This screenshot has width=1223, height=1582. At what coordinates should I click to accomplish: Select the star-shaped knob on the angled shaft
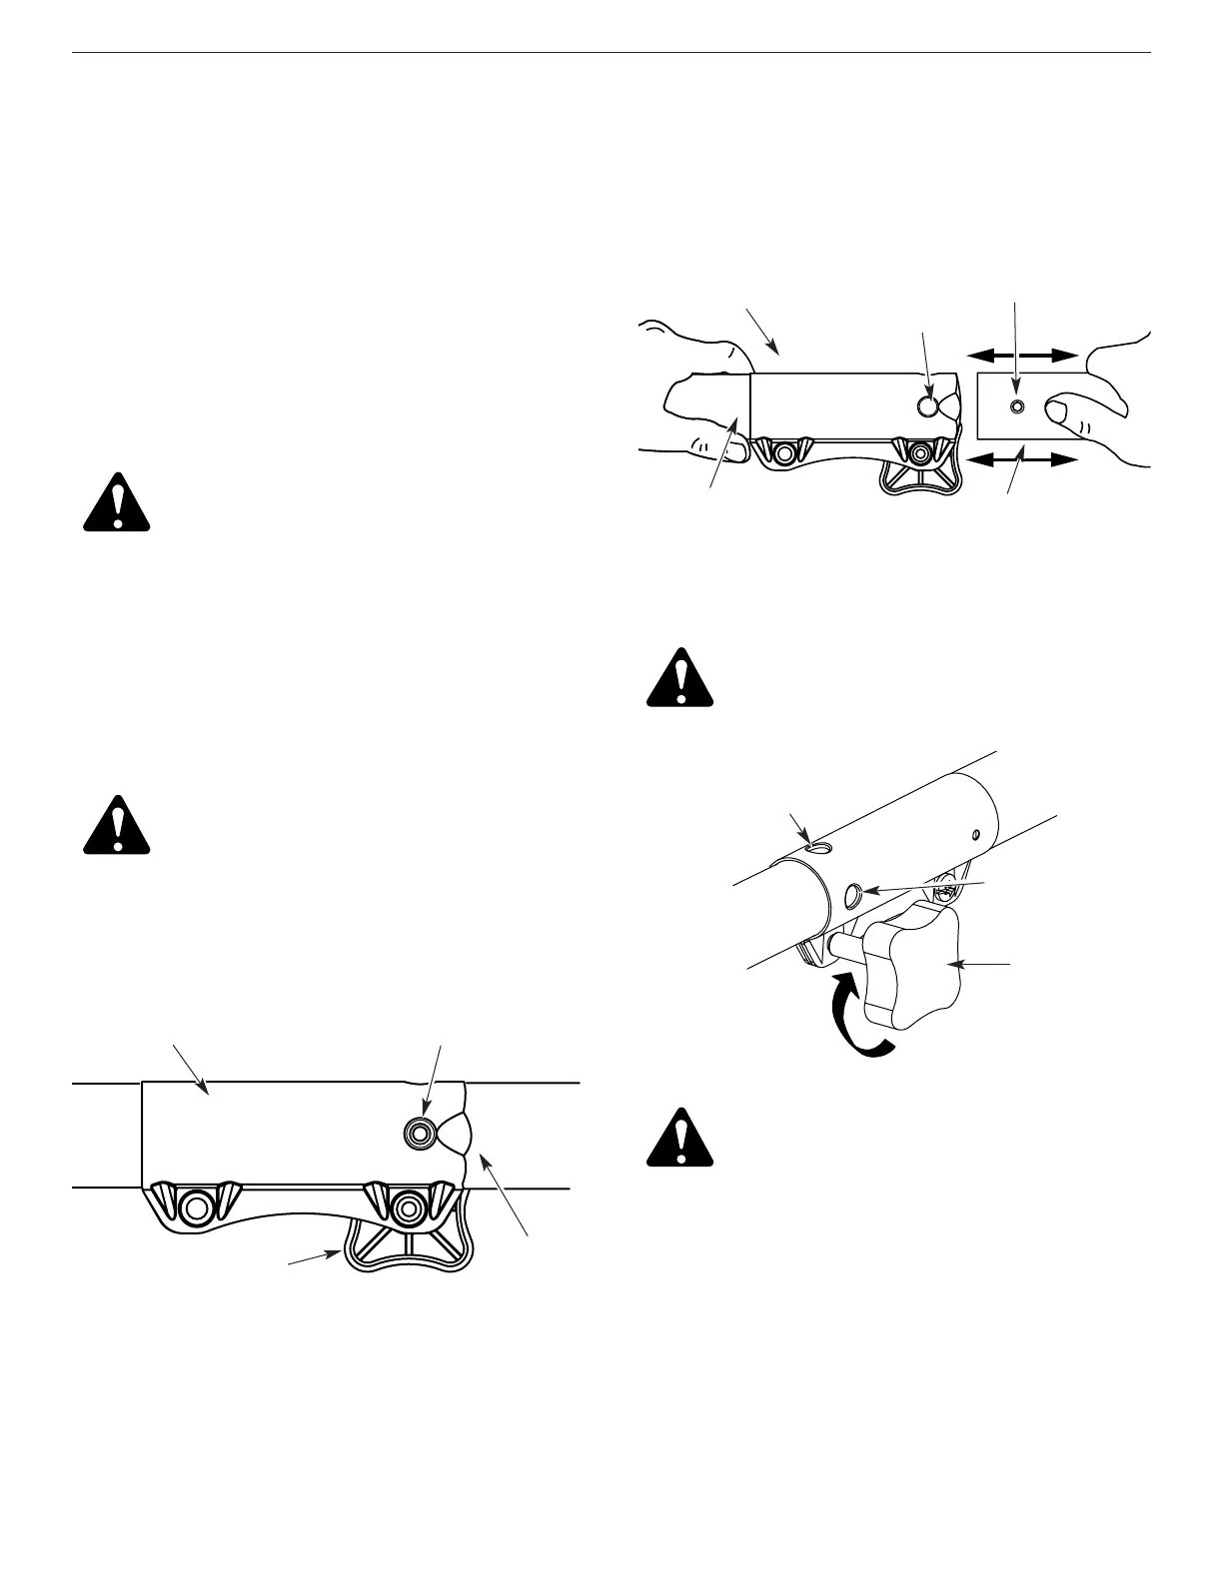[x=912, y=966]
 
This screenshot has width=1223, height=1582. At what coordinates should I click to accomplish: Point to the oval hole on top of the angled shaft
[x=818, y=848]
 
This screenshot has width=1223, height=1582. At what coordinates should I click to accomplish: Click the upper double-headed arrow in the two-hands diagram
[x=1022, y=354]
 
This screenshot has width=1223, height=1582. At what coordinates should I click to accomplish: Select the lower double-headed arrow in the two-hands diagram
[x=1022, y=460]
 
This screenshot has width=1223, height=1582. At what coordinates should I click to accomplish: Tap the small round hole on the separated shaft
[x=1017, y=406]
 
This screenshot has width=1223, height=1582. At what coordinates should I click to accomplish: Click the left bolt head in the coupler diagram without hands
[x=197, y=1207]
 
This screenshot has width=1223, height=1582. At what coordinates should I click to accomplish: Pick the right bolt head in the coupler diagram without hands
[x=406, y=1207]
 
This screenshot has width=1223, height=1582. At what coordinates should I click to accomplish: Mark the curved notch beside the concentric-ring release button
[x=454, y=1133]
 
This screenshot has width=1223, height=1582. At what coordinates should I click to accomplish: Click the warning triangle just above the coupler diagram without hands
[x=116, y=825]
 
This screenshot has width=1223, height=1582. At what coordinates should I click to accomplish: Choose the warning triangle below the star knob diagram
[x=680, y=1139]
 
